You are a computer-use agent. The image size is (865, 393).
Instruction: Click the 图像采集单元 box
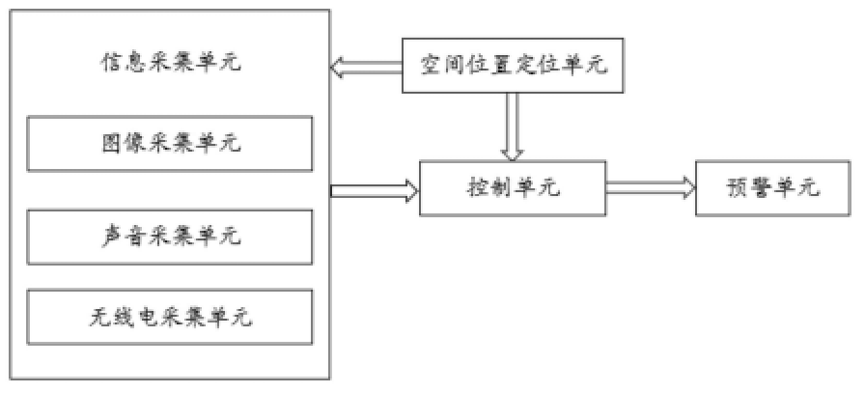click(170, 143)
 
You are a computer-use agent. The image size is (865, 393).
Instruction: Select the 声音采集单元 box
click(170, 235)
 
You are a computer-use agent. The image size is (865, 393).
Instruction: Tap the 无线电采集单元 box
click(170, 317)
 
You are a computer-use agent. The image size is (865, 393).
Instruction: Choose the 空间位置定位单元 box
click(513, 66)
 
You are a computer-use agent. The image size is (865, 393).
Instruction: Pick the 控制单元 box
click(513, 187)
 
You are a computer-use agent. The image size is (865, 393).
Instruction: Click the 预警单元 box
click(772, 187)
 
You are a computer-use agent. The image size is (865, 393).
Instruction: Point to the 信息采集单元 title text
click(170, 65)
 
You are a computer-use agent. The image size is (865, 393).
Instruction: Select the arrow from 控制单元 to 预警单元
click(650, 187)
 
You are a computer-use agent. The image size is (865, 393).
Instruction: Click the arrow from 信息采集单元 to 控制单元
click(374, 190)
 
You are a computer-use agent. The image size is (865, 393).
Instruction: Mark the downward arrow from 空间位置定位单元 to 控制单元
click(513, 127)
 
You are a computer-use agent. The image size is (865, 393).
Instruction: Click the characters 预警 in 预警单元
click(747, 187)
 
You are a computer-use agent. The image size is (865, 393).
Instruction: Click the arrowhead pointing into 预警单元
click(686, 187)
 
